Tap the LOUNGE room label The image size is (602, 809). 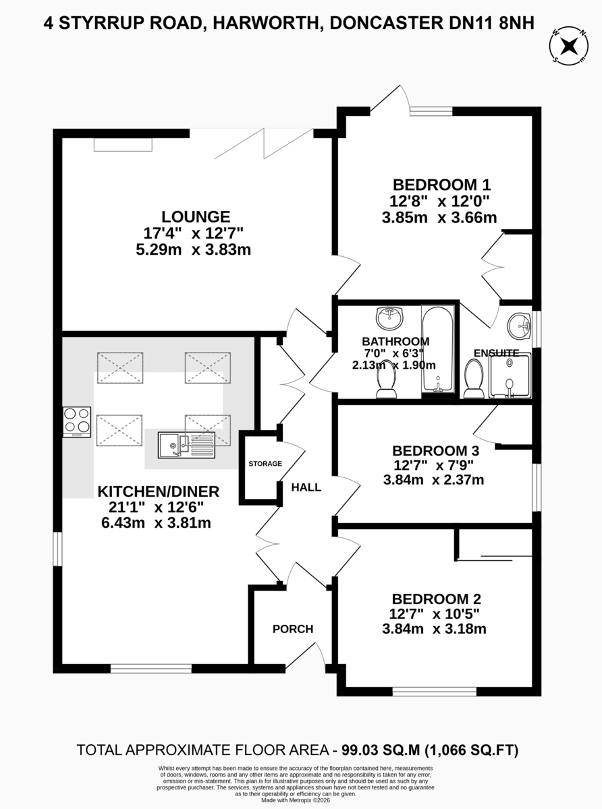(196, 216)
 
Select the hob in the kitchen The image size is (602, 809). (77, 421)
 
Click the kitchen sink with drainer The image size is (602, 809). (186, 445)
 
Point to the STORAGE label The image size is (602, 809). (265, 464)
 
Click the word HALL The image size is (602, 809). (306, 487)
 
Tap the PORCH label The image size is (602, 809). (293, 629)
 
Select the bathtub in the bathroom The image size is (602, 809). (438, 349)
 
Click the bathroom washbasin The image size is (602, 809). (390, 318)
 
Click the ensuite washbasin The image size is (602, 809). (520, 325)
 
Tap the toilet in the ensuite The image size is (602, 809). (474, 379)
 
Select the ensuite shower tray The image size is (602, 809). (510, 376)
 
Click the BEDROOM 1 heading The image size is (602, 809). (441, 185)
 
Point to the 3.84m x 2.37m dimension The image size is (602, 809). (433, 479)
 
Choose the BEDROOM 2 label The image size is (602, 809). (436, 599)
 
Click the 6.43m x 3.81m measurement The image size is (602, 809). (156, 522)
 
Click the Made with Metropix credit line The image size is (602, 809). (296, 800)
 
